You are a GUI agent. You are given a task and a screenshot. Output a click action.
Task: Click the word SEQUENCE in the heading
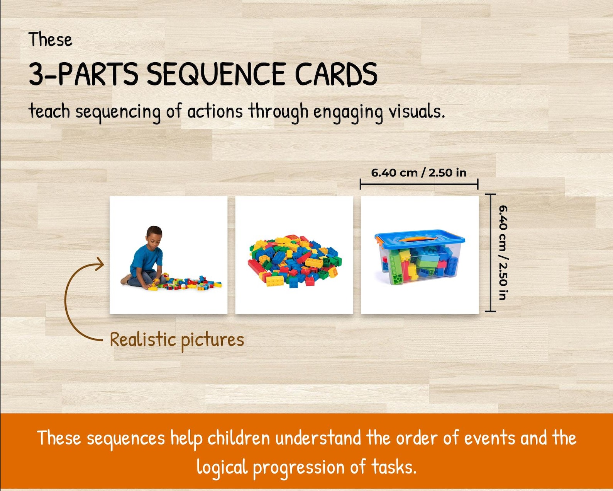point(216,74)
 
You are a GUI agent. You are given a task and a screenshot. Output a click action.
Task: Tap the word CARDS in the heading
point(336,74)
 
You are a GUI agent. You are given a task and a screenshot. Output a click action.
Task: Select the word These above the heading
point(50,40)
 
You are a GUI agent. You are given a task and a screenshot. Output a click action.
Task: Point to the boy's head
point(154,235)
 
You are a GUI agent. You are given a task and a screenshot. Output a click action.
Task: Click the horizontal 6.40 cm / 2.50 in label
point(418,172)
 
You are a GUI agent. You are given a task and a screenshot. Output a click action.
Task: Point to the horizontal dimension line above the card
point(419,184)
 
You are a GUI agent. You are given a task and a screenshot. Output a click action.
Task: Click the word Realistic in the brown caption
point(143,339)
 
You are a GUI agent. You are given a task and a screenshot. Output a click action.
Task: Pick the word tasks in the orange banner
point(394,467)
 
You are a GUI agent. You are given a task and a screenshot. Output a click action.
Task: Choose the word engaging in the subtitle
point(347,112)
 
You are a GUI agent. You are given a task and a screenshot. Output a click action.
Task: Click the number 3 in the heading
point(37,74)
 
